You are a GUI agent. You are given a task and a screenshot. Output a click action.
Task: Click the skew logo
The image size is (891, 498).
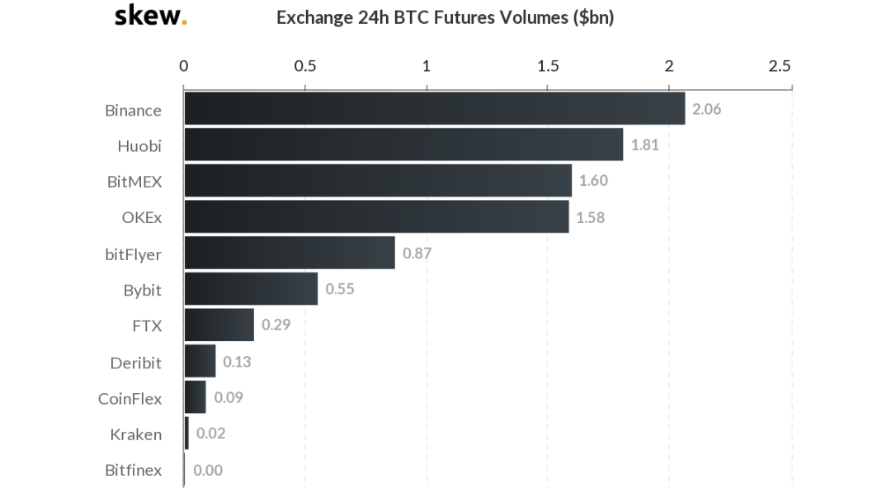(150, 16)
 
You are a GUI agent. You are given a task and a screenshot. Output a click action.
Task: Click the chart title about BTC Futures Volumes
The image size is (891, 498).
(445, 17)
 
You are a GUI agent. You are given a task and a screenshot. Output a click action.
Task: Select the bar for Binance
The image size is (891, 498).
(434, 109)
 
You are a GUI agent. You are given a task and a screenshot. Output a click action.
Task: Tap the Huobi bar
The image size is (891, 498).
(403, 145)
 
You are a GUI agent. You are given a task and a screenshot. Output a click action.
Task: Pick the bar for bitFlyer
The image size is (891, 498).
(290, 253)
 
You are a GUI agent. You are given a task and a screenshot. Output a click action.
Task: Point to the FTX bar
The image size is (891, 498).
(219, 325)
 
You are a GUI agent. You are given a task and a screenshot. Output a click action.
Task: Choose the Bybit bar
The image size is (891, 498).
(251, 289)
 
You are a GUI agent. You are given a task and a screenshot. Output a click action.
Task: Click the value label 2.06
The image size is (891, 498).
(706, 109)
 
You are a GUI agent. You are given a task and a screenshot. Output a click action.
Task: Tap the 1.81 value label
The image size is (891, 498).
(644, 145)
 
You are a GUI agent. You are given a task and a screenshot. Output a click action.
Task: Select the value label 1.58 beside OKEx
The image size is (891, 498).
(590, 217)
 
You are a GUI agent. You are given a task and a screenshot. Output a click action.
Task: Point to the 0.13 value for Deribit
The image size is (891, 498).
(237, 362)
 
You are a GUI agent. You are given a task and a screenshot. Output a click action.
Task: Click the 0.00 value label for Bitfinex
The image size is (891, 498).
(208, 470)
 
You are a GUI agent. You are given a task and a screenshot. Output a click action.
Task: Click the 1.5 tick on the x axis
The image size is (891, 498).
(548, 66)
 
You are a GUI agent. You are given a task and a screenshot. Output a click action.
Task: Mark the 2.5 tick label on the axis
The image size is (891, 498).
(780, 66)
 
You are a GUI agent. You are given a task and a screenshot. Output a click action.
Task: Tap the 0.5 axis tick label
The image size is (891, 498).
(305, 66)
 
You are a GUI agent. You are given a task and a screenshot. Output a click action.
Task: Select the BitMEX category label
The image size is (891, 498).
(134, 182)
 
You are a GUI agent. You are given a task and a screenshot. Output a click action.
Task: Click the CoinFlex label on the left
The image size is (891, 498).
(130, 398)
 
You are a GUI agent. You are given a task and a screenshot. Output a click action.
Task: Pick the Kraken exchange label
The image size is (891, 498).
(135, 434)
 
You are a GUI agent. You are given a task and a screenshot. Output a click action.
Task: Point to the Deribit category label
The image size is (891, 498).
(135, 363)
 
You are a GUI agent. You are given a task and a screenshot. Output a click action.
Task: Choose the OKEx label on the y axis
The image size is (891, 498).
(141, 218)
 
